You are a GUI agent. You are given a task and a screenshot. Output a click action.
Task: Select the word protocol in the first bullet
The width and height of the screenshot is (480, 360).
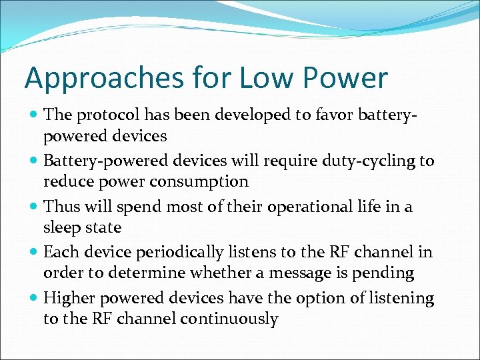(103, 115)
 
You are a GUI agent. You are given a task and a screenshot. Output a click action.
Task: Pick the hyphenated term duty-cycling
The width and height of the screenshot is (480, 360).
(361, 161)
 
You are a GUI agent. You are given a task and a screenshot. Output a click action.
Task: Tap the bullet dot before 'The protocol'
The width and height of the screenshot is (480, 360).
(34, 115)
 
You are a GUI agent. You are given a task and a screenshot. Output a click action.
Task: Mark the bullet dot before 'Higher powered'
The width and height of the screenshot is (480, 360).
(34, 299)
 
